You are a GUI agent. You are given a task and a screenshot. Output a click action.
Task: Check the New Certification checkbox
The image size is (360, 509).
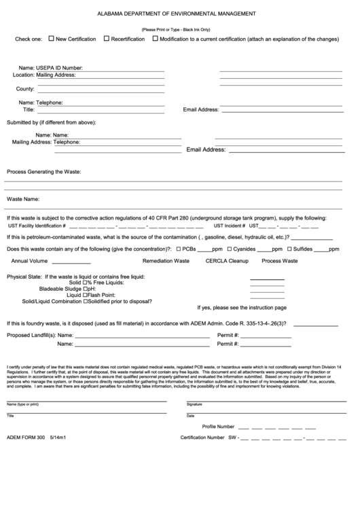(51, 39)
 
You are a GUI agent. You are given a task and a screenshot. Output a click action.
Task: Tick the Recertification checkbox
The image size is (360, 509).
(107, 39)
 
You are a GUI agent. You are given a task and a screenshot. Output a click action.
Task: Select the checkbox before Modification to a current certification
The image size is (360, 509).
(155, 39)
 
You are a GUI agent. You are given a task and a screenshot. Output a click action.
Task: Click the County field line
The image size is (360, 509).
(101, 91)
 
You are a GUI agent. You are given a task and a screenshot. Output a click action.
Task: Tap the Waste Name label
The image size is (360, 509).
(22, 200)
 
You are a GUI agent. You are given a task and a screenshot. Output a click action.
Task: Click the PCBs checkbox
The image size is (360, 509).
(178, 249)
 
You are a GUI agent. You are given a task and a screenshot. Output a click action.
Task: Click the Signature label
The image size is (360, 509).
(195, 404)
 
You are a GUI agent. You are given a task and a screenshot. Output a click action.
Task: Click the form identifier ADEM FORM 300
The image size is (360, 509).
(25, 438)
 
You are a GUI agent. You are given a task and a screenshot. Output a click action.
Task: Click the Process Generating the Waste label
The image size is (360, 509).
(43, 172)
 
